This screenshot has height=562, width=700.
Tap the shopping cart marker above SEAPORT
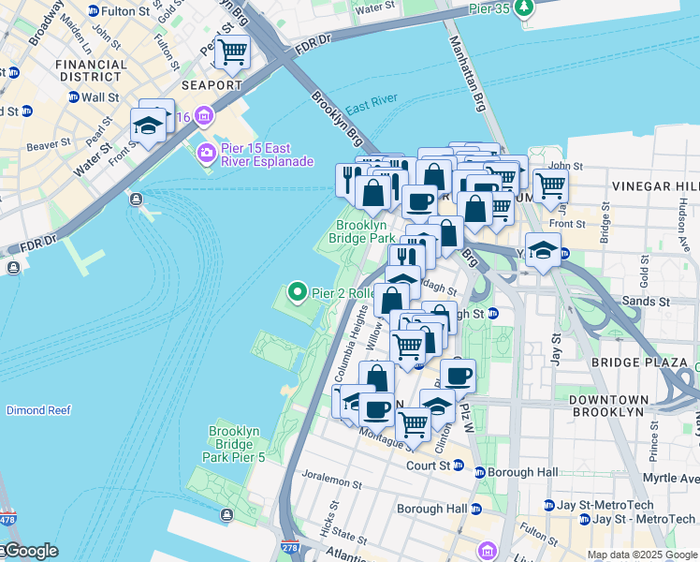[232, 52]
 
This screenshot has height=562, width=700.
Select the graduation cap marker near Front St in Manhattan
[148, 125]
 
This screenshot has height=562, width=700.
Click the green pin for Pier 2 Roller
[298, 292]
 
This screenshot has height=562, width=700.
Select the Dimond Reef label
[38, 410]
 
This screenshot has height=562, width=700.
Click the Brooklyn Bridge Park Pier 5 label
[234, 444]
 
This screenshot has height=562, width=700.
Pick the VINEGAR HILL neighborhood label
[654, 186]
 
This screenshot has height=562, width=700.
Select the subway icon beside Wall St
[73, 96]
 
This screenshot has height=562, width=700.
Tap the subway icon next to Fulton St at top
[93, 10]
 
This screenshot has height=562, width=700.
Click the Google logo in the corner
[30, 551]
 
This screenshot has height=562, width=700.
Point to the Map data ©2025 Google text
[642, 555]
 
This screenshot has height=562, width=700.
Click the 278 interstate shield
[288, 545]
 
